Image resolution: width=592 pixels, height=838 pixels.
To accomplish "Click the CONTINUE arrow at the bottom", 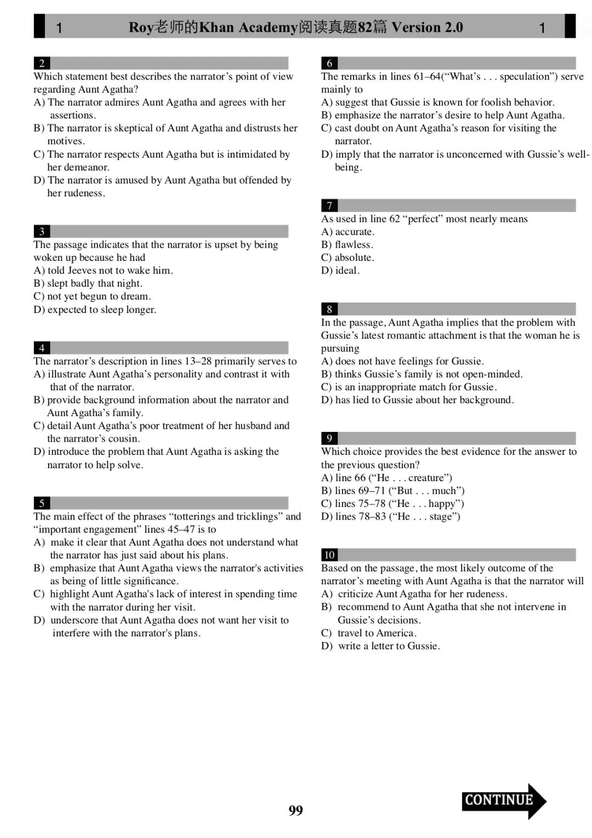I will [503, 801].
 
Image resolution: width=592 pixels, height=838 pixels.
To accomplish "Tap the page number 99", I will [295, 810].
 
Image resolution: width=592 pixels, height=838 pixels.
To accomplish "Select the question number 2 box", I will [42, 63].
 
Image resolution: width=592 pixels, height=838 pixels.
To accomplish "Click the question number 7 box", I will [329, 206].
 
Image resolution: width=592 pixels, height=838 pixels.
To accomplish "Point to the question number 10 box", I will [329, 555].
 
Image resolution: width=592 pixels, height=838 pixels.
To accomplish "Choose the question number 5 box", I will [42, 503].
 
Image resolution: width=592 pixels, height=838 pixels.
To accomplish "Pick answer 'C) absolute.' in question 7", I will [348, 258].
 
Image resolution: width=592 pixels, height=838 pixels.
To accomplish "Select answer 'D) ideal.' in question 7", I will [340, 270].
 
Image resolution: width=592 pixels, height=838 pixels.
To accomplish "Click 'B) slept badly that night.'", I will [88, 283].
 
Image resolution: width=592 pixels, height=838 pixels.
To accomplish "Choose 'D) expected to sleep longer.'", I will [95, 310].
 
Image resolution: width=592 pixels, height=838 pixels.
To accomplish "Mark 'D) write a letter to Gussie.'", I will [380, 646].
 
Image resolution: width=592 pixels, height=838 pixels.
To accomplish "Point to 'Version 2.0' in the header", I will [427, 27].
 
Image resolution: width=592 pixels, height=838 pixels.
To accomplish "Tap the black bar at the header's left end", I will [39, 26].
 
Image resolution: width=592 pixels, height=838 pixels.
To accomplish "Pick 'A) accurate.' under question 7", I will [348, 232].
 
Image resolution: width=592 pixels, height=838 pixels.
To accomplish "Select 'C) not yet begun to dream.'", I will [92, 297].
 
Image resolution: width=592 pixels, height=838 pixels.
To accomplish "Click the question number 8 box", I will [329, 309].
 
